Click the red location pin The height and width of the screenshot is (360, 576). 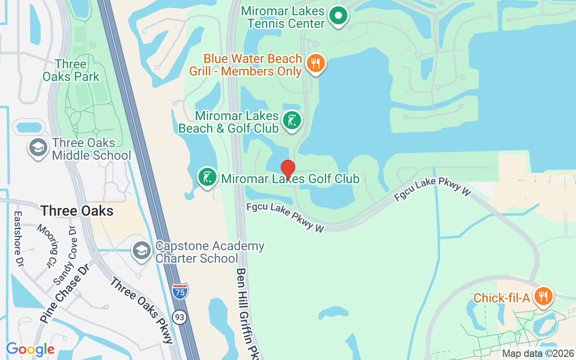(288, 169)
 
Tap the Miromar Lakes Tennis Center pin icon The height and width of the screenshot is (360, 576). (338, 16)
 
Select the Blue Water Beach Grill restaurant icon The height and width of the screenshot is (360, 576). (316, 63)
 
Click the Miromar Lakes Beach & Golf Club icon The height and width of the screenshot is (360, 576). (292, 121)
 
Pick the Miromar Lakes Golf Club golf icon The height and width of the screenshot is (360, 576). (207, 177)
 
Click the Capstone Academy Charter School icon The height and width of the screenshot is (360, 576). (142, 251)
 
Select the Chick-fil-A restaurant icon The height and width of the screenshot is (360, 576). (544, 296)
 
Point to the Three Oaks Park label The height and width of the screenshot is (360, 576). (71, 71)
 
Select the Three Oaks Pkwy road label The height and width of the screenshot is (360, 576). (142, 310)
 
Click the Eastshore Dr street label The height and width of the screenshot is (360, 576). (18, 238)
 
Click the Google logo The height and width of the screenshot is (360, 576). (30, 349)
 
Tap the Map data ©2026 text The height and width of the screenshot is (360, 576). (538, 354)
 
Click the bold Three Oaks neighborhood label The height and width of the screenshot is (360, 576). (77, 211)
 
